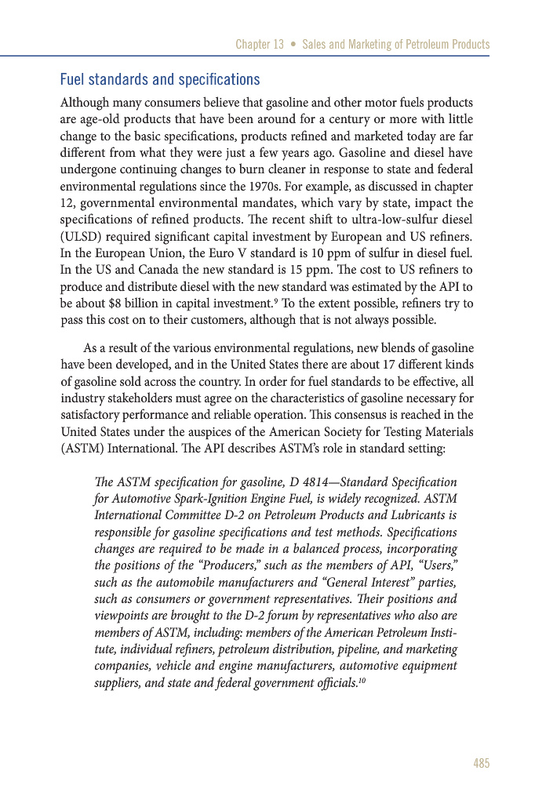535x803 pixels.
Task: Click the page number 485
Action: tap(481, 763)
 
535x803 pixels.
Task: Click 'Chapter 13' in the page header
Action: tap(260, 45)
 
